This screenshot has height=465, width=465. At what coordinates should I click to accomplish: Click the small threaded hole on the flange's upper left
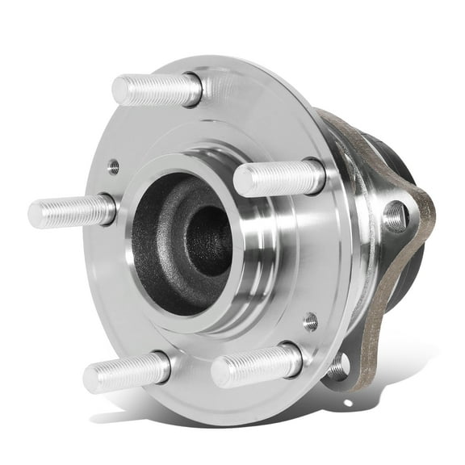tap(114, 166)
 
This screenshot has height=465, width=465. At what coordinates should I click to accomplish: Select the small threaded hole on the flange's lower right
tap(311, 322)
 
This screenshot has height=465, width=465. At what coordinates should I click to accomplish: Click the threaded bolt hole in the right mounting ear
tap(395, 216)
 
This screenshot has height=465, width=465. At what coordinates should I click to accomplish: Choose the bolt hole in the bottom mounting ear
tap(338, 367)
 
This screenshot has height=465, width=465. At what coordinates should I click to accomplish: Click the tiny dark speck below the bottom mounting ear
tap(348, 402)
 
